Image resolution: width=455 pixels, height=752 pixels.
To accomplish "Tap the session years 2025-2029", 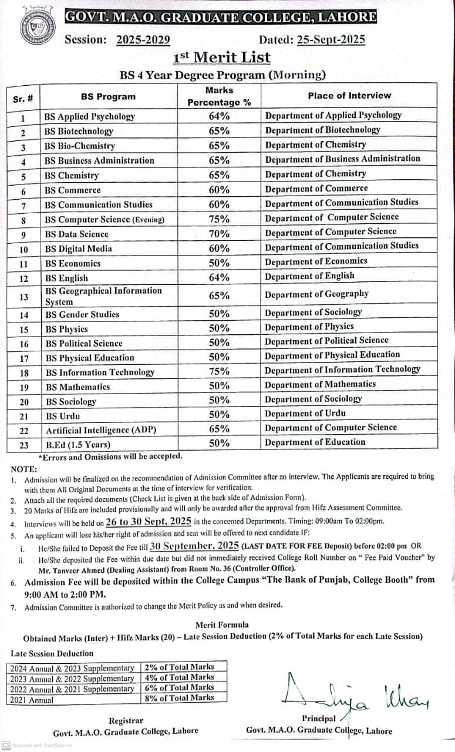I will click(x=143, y=40).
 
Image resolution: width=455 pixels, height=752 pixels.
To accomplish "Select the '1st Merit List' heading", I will click(x=222, y=57).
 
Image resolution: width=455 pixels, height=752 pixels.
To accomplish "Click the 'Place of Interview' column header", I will click(x=349, y=95).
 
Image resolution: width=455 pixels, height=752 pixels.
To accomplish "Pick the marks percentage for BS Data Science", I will click(x=219, y=233).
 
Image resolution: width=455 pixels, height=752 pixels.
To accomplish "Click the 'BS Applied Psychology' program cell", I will click(x=90, y=116).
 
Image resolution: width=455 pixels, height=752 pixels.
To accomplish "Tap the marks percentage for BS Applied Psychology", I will click(x=219, y=116).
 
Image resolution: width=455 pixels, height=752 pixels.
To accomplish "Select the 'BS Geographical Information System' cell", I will click(x=103, y=296).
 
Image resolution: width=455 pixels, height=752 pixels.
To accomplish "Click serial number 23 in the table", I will click(x=24, y=445).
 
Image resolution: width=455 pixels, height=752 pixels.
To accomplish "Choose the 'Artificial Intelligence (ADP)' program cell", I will click(x=101, y=430).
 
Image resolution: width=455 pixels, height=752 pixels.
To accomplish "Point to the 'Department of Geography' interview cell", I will click(x=316, y=294).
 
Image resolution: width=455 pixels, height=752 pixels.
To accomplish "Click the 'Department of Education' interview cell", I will click(x=315, y=442).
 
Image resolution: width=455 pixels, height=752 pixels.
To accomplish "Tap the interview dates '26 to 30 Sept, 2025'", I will click(x=149, y=521).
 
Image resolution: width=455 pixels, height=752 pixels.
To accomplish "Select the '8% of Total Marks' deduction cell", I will click(x=179, y=698).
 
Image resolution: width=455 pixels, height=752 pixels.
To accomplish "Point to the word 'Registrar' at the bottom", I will click(x=126, y=720).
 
